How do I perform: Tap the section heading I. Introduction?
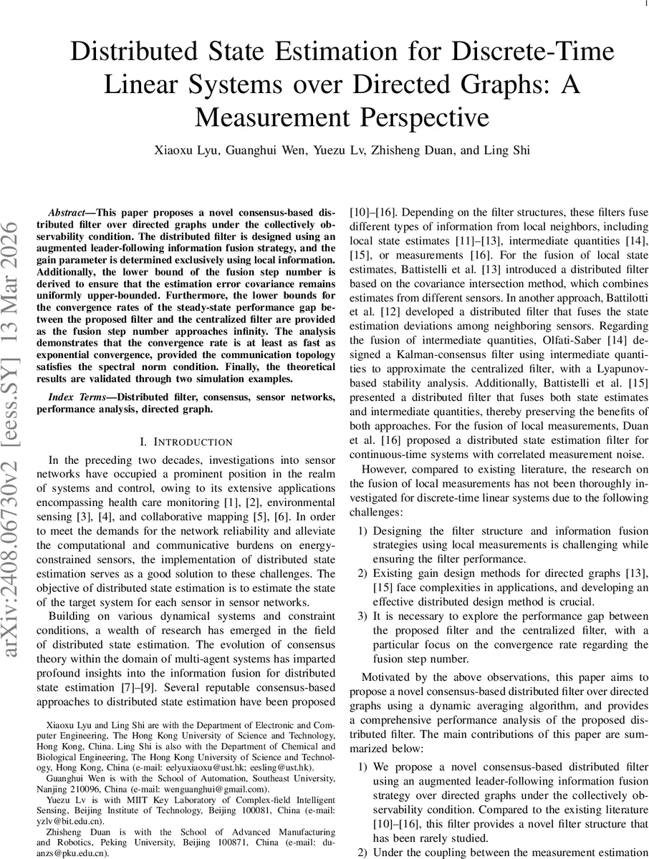(186, 442)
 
